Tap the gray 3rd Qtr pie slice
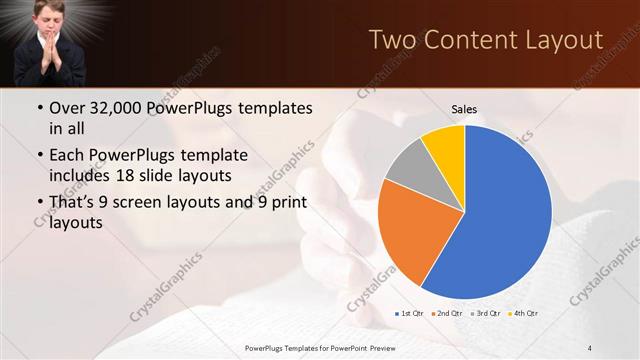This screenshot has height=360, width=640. (406, 166)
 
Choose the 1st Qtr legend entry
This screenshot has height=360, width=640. (409, 314)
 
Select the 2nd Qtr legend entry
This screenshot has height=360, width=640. (447, 314)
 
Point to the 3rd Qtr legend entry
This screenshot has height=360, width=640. (486, 314)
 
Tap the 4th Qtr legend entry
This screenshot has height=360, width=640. (524, 314)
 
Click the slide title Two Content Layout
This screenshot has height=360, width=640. (486, 40)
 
